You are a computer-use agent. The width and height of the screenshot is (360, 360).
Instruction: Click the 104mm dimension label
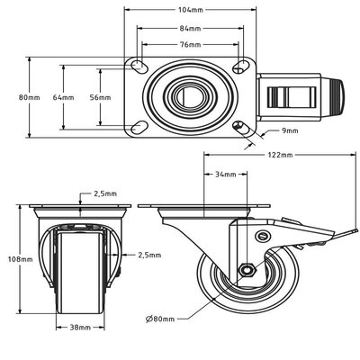tap(191, 10)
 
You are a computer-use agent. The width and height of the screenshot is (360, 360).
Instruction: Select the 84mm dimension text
tap(190, 29)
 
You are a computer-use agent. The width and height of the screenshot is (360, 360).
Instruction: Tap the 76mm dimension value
tap(190, 45)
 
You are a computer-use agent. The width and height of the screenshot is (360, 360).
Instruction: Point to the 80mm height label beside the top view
tap(29, 97)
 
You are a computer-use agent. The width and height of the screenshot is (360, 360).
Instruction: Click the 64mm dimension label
tap(63, 97)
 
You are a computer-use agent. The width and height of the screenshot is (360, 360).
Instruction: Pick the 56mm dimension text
tap(101, 97)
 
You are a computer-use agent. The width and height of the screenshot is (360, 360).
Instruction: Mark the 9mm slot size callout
tap(290, 130)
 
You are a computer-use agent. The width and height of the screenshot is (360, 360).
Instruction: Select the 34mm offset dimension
tap(226, 174)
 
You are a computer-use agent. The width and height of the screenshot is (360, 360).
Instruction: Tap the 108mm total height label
tap(20, 259)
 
